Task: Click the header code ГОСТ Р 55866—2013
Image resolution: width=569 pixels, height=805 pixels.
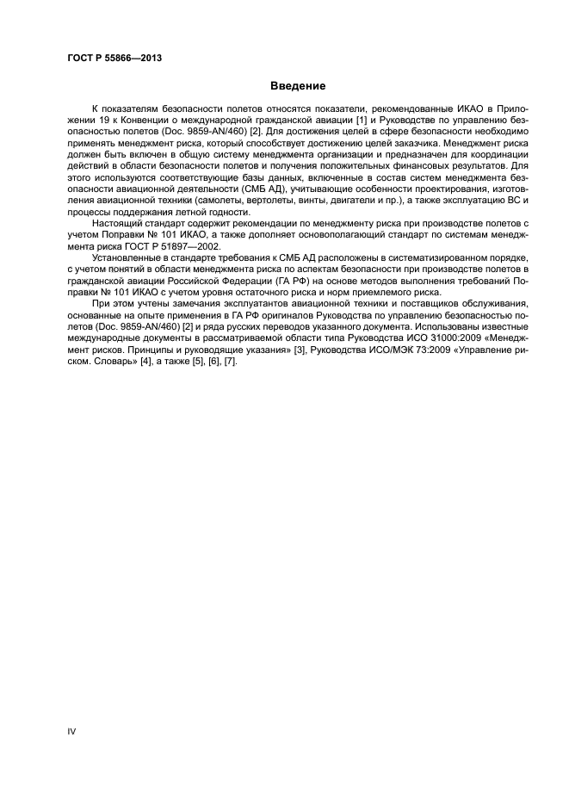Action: [x=114, y=59]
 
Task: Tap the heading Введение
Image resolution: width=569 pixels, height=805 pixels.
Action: [x=298, y=86]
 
